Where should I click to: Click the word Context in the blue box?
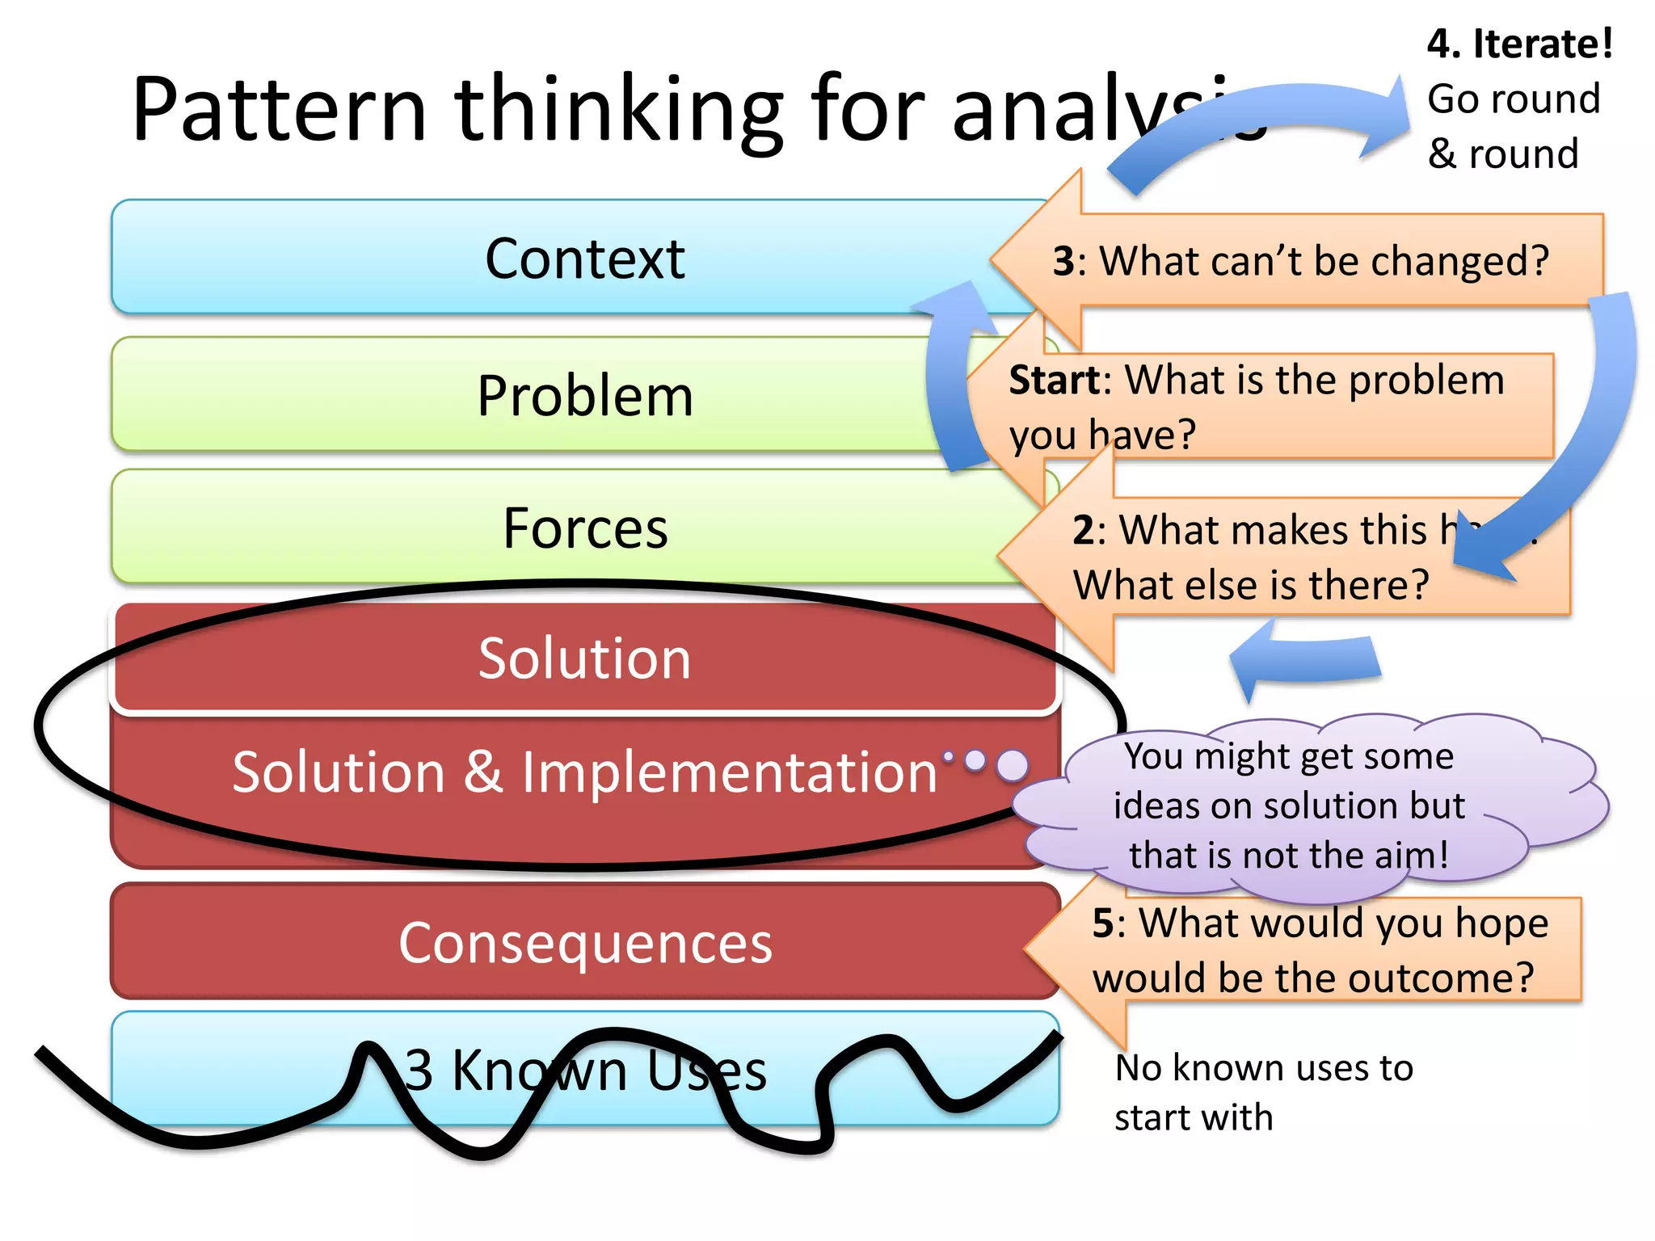[584, 259]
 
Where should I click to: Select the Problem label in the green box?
[584, 397]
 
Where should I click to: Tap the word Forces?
[584, 529]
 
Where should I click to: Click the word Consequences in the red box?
[584, 943]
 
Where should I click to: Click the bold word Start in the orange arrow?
[1054, 381]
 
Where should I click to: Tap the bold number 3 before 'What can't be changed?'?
[1063, 262]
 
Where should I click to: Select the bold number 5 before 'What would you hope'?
[1103, 923]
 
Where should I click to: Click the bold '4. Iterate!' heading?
[1519, 44]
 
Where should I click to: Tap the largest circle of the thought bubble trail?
[1013, 764]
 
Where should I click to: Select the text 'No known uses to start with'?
[1263, 1092]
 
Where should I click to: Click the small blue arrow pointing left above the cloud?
[1304, 658]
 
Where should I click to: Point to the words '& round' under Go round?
[1502, 154]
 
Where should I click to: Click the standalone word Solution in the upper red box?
[584, 658]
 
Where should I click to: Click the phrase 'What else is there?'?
[1250, 585]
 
